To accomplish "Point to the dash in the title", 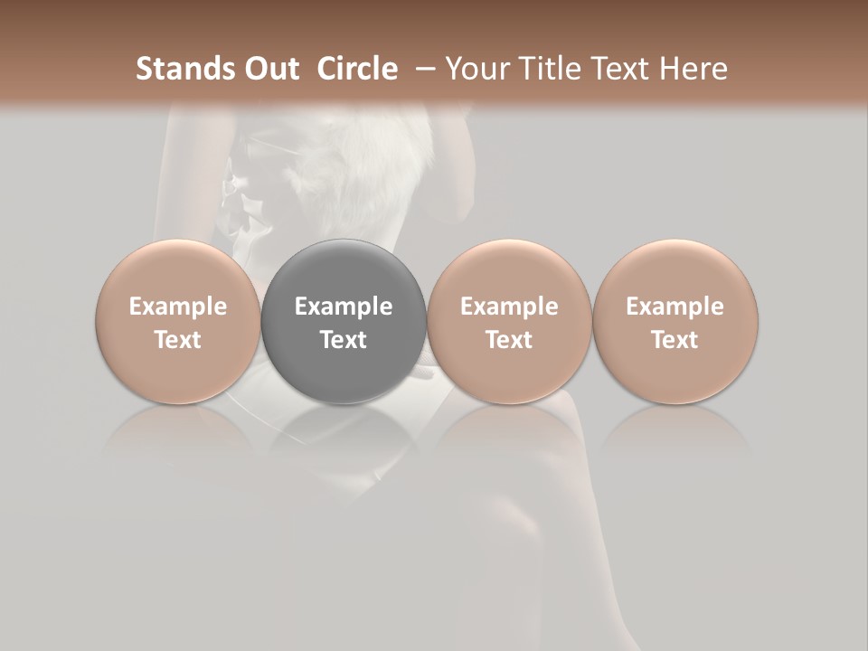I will coord(421,69).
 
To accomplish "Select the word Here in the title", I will coord(694,69).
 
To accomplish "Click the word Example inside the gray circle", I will coord(344,307).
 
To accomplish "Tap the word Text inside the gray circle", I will coord(344,340).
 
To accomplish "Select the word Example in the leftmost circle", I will coord(178,307).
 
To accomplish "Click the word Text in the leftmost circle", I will coord(178,340).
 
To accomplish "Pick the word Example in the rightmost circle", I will coord(675,307).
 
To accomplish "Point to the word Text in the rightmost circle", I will coord(675,340).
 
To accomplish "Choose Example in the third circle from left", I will coord(509,307).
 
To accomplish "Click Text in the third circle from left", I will coord(509,340).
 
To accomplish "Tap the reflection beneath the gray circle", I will coord(344,434).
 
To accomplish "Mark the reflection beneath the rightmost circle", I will coord(675,434).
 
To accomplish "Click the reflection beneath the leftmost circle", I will coord(178,434).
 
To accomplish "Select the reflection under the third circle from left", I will coord(509,434).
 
